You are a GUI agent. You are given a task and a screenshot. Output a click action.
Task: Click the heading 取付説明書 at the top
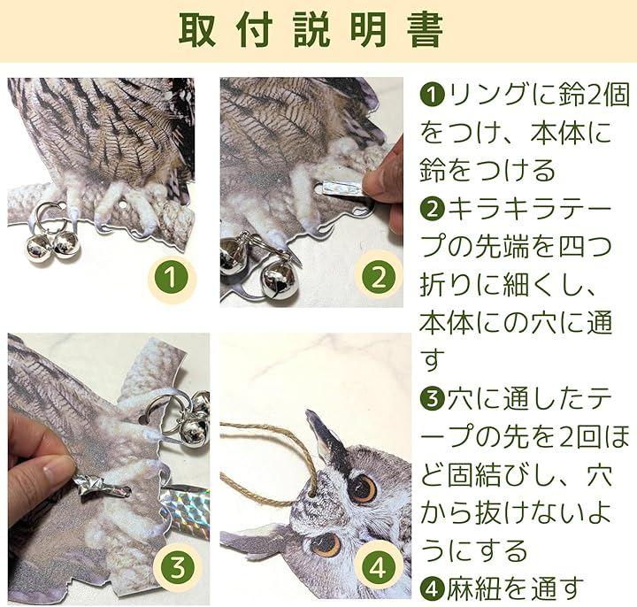[x=311, y=30]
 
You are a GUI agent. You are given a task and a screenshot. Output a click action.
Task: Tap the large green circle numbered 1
[x=171, y=279]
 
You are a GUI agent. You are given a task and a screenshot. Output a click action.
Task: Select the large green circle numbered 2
[x=379, y=277]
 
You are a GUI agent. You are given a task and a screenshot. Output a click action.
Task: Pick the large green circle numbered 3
[x=178, y=567]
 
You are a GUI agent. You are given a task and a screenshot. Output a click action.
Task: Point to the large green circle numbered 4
[x=379, y=568]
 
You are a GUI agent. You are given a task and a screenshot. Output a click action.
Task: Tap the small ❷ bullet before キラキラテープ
[x=433, y=208]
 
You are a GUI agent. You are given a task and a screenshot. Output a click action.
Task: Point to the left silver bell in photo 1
[x=38, y=247]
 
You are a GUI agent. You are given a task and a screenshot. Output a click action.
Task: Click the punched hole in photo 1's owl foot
[x=122, y=205]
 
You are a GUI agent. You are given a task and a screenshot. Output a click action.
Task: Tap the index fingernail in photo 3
[x=56, y=472]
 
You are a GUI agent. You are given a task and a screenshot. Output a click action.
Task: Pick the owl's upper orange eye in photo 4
[x=363, y=488]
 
